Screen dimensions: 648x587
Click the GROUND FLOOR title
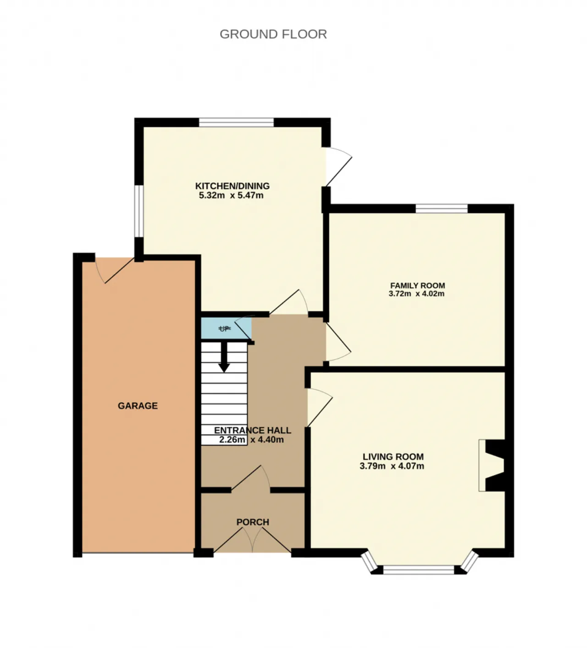[x=273, y=34]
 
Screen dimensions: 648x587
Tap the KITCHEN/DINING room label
[x=233, y=186]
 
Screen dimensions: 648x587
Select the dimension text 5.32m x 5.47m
[x=231, y=195]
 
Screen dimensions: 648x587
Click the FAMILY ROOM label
[x=417, y=285]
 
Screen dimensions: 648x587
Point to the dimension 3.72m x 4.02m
[x=416, y=294]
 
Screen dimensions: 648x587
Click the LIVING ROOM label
[x=393, y=457]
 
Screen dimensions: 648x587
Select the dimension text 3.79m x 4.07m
[x=392, y=466]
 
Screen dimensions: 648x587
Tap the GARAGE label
[x=138, y=405]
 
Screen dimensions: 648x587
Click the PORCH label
[x=253, y=522]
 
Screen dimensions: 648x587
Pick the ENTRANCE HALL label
[x=252, y=430]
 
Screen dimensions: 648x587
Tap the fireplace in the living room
[x=493, y=465]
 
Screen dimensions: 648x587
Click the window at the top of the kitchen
[x=236, y=122]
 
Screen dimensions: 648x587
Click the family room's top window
[x=442, y=209]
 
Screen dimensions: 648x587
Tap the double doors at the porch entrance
[x=253, y=540]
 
